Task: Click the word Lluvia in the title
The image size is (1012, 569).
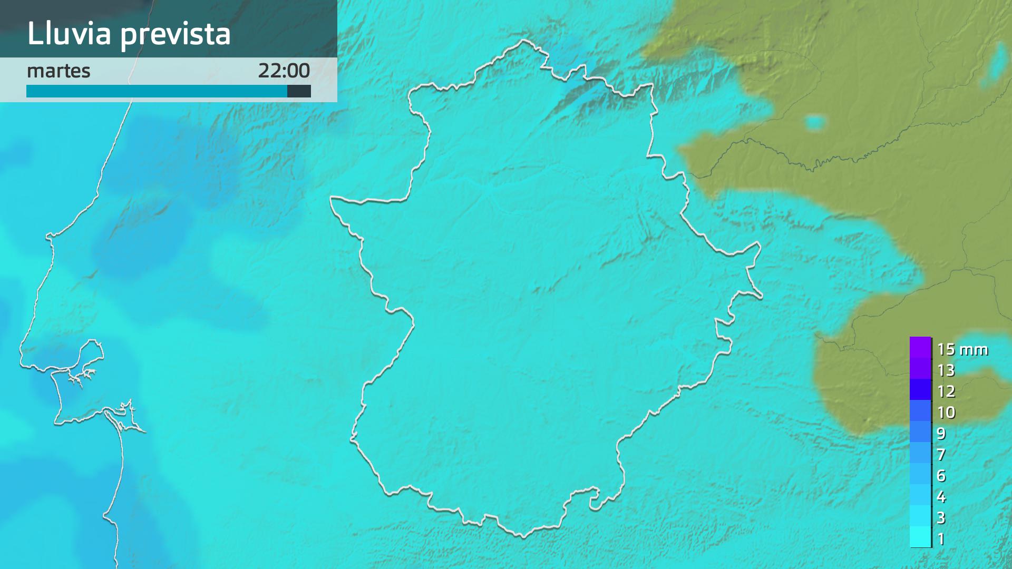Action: coord(69,33)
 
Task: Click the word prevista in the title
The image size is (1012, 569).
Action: coord(176,34)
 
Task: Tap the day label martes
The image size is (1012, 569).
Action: coord(59,71)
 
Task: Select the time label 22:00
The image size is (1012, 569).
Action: coord(284,71)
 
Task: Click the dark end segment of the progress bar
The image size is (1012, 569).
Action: coord(299,91)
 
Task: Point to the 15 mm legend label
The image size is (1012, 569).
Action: coord(962,349)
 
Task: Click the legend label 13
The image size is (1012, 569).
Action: coord(946,370)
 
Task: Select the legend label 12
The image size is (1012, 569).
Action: coord(946,391)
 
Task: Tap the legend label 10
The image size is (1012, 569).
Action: coord(946,412)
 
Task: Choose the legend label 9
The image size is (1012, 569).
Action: coord(941,434)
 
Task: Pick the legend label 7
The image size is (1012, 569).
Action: coord(941,454)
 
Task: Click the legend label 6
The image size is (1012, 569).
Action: coord(941,475)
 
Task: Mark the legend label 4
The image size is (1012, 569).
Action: coord(941,496)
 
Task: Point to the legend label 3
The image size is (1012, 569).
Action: coord(941,517)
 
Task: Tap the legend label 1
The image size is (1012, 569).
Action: coord(941,538)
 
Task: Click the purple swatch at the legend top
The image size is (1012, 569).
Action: coord(920,348)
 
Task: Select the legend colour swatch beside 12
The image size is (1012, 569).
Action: coord(920,390)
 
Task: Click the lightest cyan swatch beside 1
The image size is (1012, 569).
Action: coord(920,537)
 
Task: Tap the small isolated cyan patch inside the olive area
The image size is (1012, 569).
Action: coord(816,122)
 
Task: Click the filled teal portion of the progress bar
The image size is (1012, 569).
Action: coord(157,91)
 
